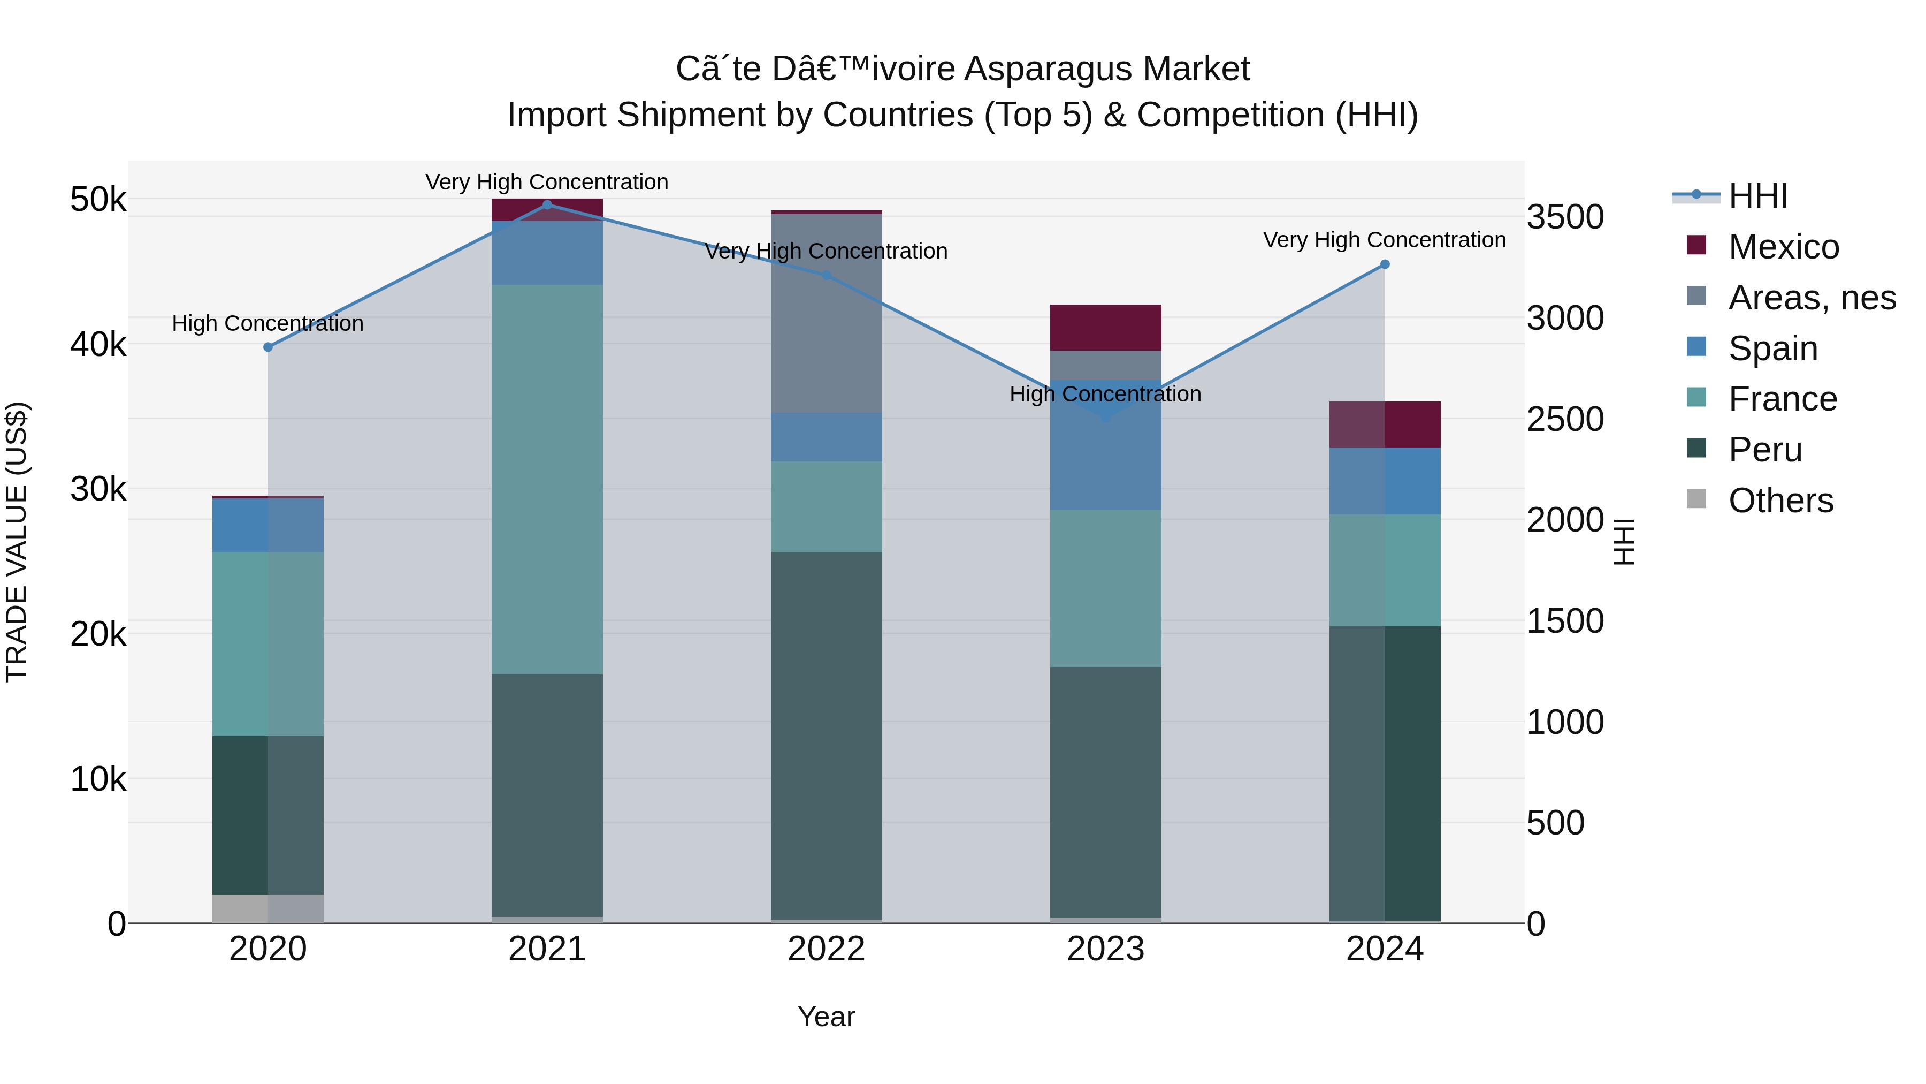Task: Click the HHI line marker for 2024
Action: click(1385, 264)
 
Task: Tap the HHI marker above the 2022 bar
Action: click(826, 275)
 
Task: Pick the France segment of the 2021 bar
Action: click(547, 479)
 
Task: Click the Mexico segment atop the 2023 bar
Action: click(1105, 328)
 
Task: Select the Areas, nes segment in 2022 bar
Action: click(826, 314)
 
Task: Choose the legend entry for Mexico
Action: click(1783, 247)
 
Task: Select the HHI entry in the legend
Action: click(1757, 196)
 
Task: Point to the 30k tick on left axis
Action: click(98, 489)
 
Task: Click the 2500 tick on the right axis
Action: click(1565, 419)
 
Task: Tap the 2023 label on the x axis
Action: click(1105, 949)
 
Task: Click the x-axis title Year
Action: click(826, 1017)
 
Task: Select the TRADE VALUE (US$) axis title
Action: click(17, 542)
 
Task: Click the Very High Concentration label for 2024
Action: click(1384, 240)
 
